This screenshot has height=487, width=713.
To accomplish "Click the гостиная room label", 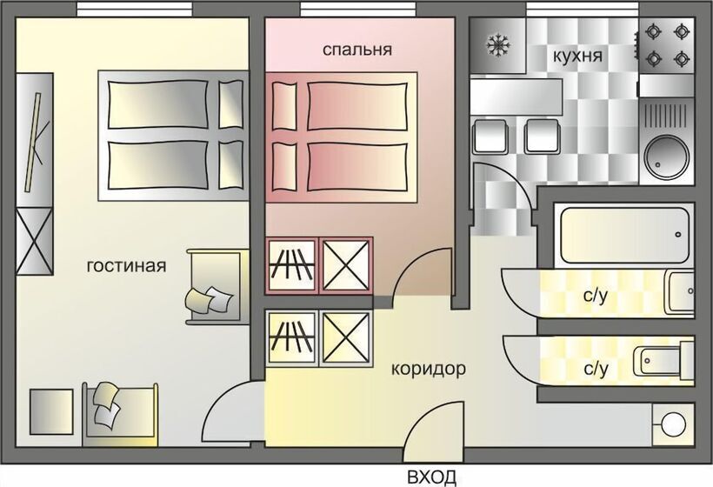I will pyautogui.click(x=126, y=265).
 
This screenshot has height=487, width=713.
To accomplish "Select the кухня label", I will pyautogui.click(x=577, y=57).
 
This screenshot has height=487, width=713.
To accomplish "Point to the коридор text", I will pyautogui.click(x=428, y=369).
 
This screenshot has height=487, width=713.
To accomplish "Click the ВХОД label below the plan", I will pyautogui.click(x=431, y=477).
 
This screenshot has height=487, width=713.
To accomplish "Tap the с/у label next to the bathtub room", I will pyautogui.click(x=595, y=296).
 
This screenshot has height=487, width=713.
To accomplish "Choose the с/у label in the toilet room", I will pyautogui.click(x=595, y=370).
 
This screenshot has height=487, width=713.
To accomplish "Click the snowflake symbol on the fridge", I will pyautogui.click(x=498, y=44).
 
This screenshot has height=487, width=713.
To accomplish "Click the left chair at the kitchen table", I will pyautogui.click(x=490, y=137).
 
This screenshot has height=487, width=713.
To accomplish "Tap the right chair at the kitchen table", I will pyautogui.click(x=541, y=137).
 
